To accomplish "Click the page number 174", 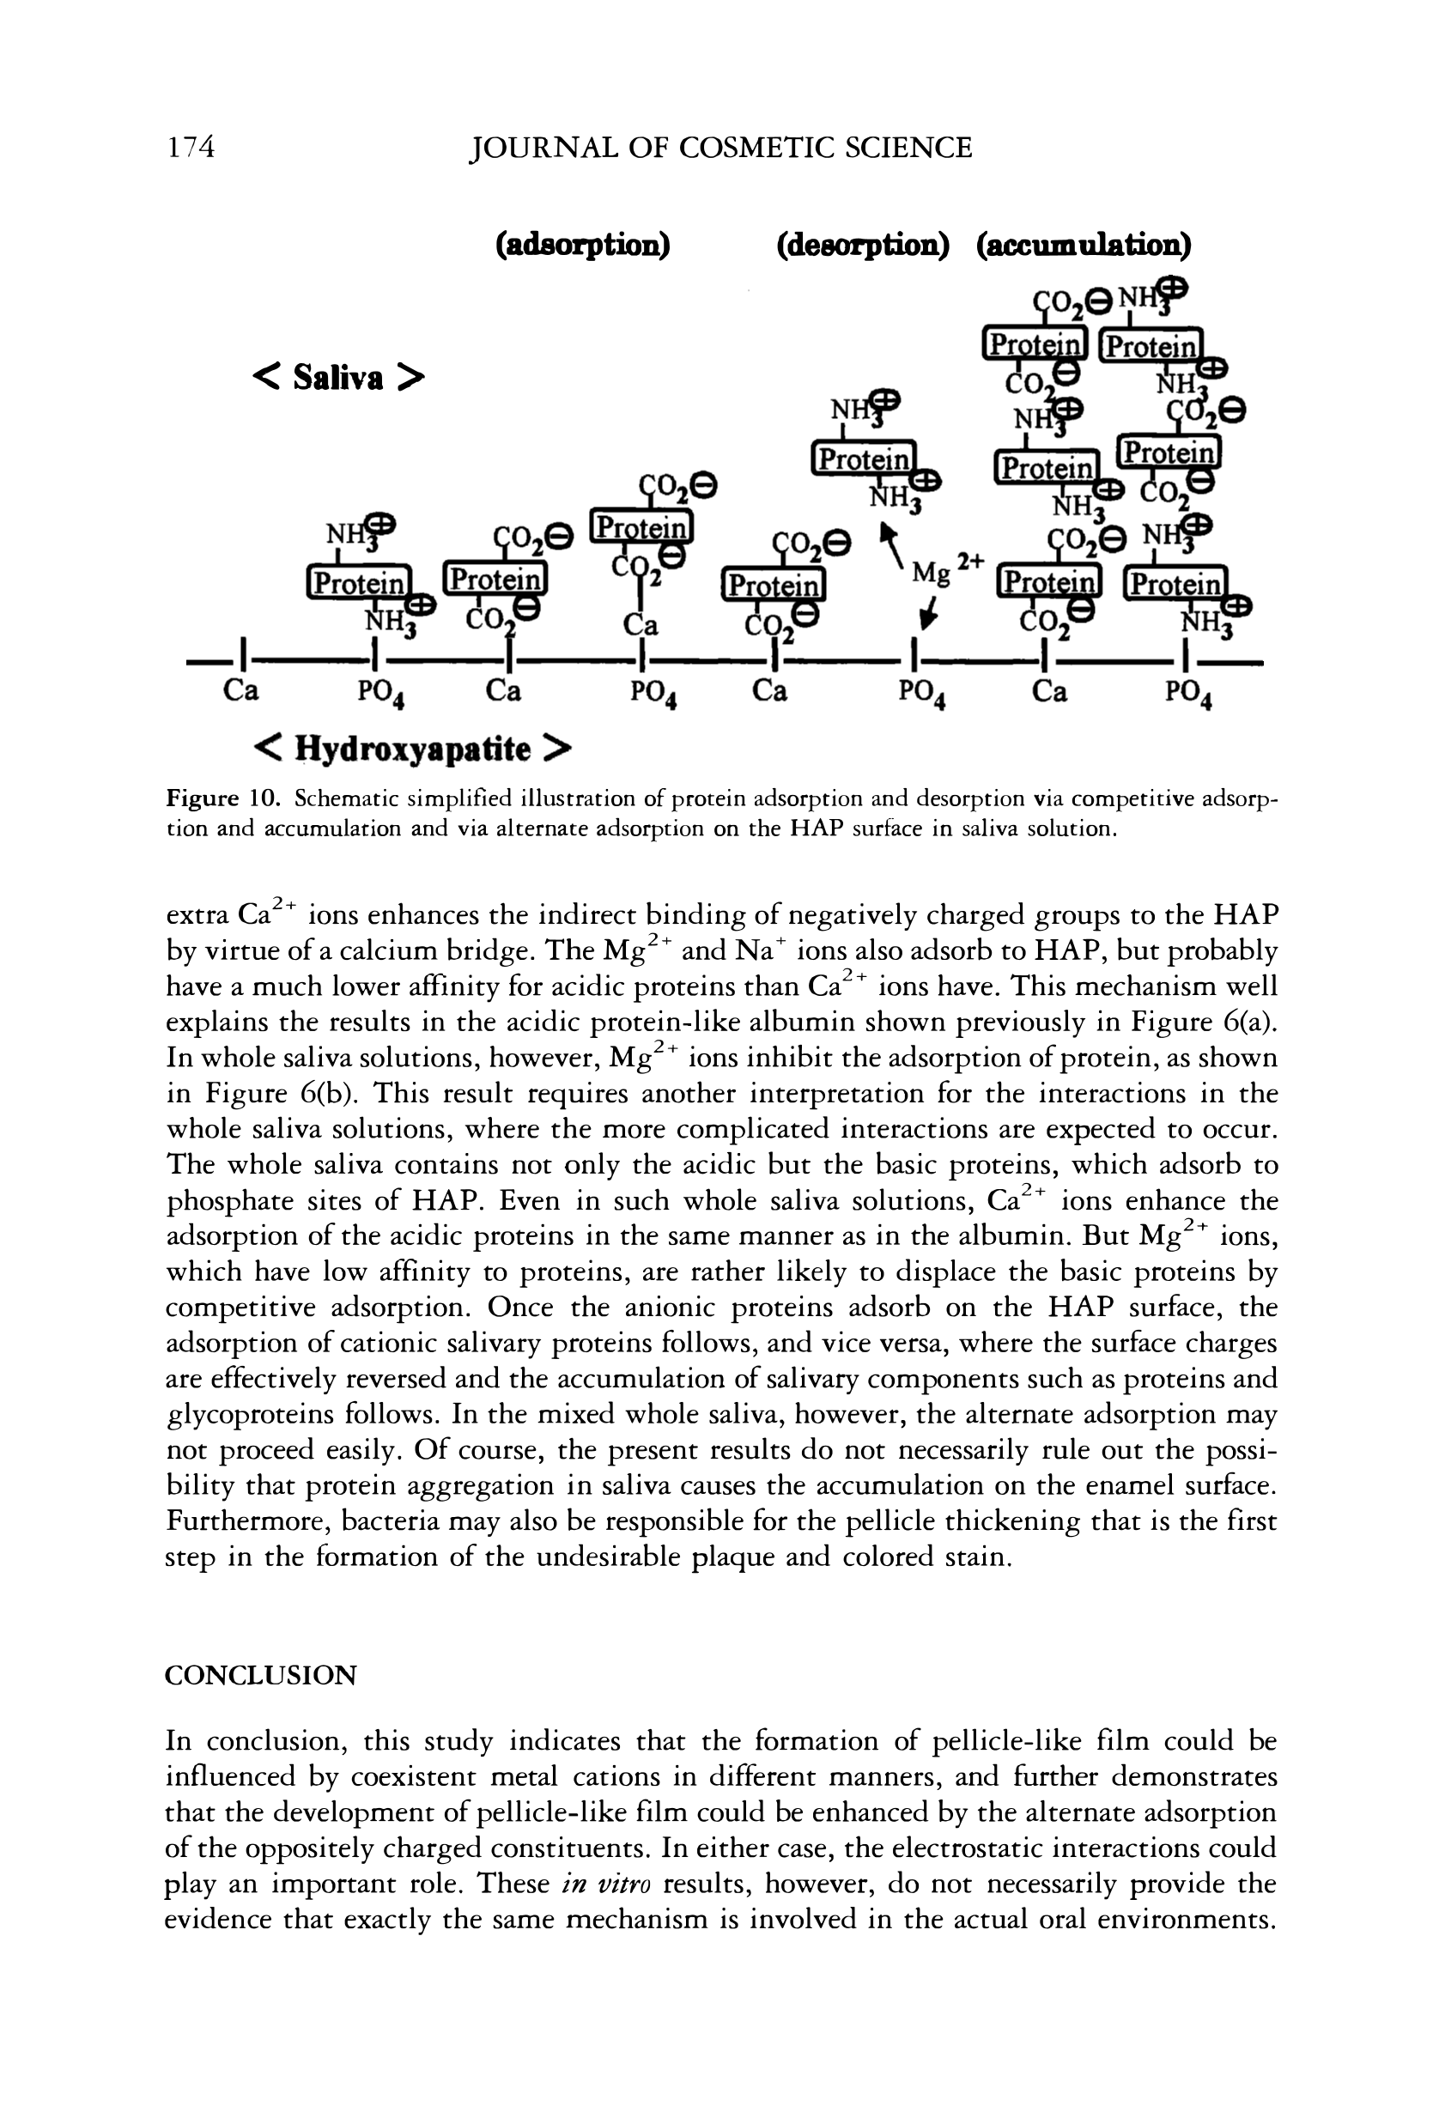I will pos(191,146).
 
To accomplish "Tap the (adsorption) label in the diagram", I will pos(583,246).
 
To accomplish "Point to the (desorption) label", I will pos(863,246).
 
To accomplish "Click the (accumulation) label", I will pos(1083,246).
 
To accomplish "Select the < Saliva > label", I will pos(337,376).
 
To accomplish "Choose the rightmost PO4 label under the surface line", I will pos(1192,695).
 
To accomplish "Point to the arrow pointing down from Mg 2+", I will pos(926,617).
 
